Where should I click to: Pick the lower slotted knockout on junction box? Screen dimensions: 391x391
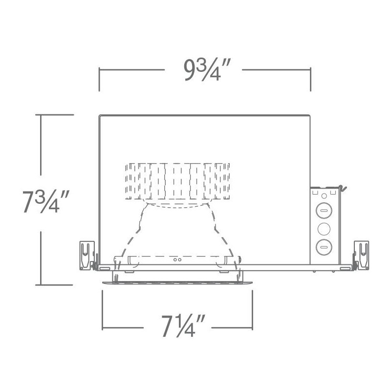click(324, 246)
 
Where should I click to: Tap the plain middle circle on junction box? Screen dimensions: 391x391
click(324, 229)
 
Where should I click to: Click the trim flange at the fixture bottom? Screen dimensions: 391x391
click(177, 282)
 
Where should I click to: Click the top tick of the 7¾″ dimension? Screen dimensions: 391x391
click(56, 115)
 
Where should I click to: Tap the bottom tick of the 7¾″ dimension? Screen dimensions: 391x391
click(56, 284)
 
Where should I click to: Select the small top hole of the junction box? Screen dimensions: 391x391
click(324, 194)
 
